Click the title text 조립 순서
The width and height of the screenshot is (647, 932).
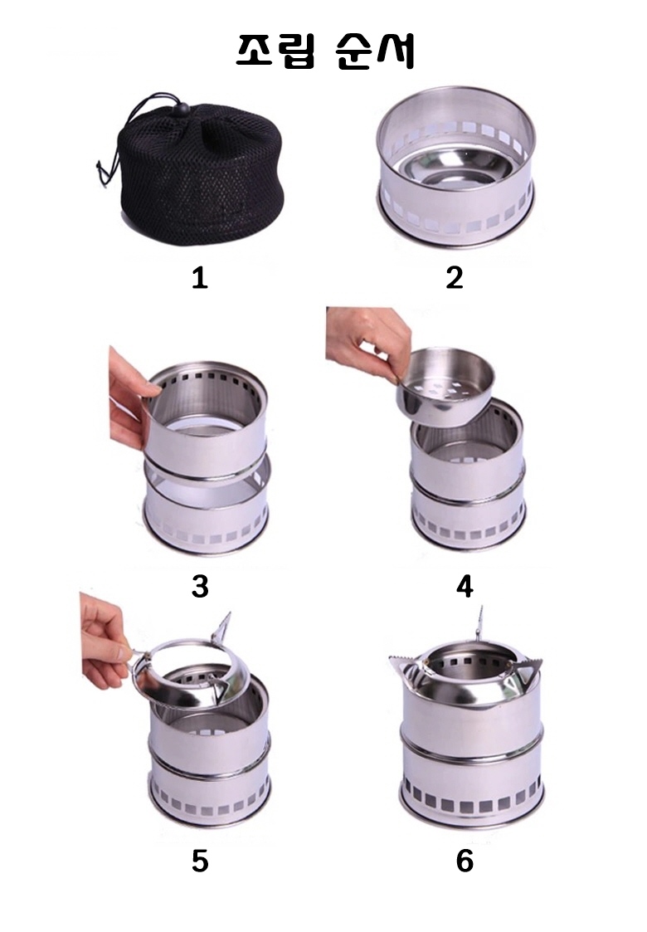tap(323, 52)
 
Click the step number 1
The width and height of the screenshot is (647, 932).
tap(200, 277)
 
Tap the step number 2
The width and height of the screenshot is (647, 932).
tap(454, 277)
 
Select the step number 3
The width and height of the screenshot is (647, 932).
tap(200, 586)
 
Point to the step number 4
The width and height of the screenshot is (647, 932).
tap(465, 586)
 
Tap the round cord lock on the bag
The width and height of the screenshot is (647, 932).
tap(183, 110)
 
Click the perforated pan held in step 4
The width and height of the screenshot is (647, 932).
tap(443, 387)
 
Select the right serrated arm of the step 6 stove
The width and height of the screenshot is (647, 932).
tap(528, 668)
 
